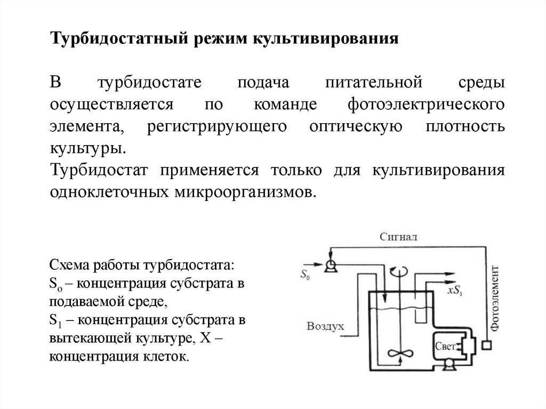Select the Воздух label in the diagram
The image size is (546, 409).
[x=325, y=325]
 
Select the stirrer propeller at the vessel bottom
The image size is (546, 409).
[x=396, y=355]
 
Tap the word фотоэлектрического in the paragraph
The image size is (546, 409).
[x=425, y=104]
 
